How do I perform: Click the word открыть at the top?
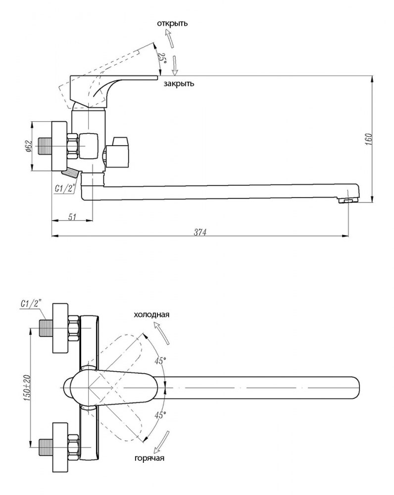coord(172,23)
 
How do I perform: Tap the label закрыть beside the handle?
coord(179,84)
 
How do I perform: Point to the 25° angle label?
coord(161,57)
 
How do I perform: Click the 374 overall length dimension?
coord(200,231)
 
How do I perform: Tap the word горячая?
coord(149,458)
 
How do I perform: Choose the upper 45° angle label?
coord(159,361)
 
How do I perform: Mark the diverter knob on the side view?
coord(119,151)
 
